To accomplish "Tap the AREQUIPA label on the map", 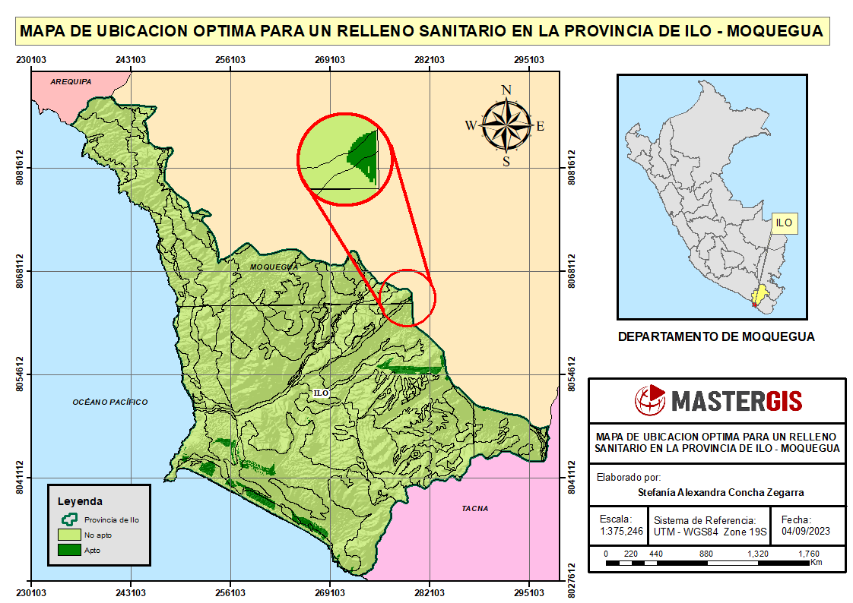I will point(71,81).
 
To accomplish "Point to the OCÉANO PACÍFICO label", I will point(110,402).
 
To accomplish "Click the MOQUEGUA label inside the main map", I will point(274,267).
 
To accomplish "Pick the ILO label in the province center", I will point(321,393).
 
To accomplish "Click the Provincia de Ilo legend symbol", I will point(69,519).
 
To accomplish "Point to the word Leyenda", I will point(80,501).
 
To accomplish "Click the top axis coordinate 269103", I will point(330,59).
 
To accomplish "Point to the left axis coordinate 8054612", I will point(21,374).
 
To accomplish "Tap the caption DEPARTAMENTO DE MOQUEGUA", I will point(716,336).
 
